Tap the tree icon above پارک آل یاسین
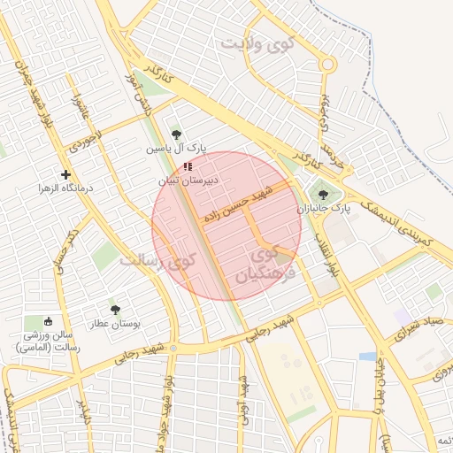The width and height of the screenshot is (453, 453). coord(176,134)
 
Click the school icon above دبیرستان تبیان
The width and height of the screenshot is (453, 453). coord(187,166)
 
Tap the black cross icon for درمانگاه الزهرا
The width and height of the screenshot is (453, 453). coord(66,174)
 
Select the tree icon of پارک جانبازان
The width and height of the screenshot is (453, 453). coord(321,194)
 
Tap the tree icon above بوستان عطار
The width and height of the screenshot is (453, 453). coord(115,310)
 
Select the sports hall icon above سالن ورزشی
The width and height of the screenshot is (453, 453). coord(49,321)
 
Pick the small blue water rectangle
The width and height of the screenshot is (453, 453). coord(367,356)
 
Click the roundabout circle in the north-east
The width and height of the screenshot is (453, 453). coord(327,64)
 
